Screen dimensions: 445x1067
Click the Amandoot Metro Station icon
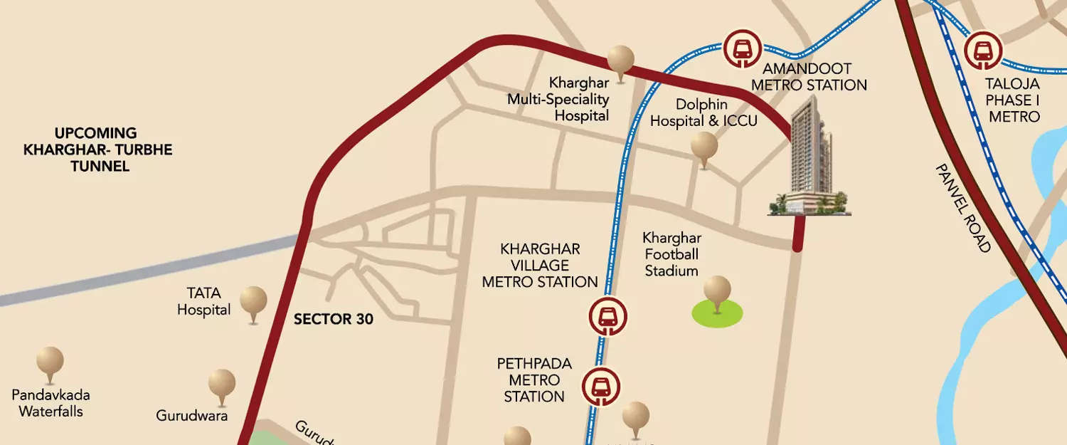743,48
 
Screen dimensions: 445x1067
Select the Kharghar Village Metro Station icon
607,317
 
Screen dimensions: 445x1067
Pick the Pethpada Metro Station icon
601,386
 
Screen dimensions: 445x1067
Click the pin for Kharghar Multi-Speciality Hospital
620,59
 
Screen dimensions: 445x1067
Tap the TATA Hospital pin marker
253,301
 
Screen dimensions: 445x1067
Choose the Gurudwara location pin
222,384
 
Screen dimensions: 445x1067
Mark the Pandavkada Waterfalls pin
50,362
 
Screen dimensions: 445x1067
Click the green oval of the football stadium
717,314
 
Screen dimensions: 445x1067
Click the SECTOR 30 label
334,319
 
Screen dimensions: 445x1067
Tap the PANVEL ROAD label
962,207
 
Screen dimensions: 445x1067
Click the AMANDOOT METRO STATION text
814,77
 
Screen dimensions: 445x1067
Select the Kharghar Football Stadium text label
671,253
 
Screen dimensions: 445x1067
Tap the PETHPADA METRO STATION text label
534,380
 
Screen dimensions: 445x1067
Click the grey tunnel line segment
142,271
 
